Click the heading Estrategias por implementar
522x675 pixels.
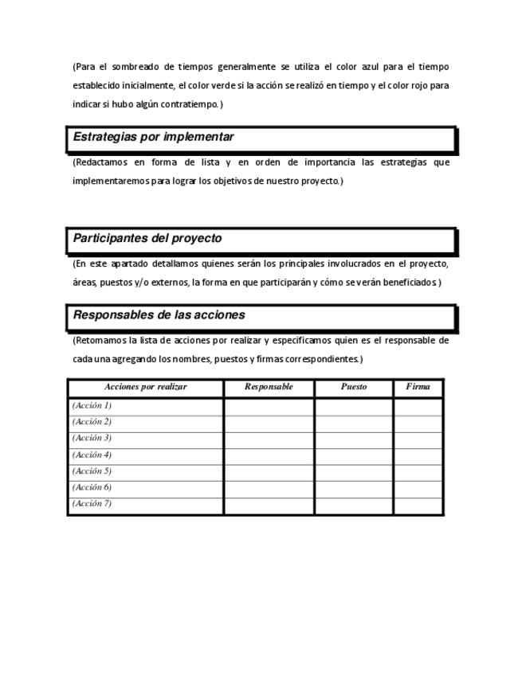[153, 137]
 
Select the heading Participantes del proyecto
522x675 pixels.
[147, 238]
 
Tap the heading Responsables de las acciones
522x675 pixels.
[159, 314]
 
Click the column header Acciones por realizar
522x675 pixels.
[145, 387]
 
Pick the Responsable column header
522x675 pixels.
[269, 387]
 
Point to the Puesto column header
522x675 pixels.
[354, 387]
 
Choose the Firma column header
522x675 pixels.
[418, 387]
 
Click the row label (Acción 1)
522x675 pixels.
[92, 405]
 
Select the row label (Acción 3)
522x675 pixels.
[92, 438]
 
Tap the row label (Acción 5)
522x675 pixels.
[92, 470]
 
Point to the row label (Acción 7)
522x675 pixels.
[92, 503]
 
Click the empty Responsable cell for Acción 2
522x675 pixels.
[269, 422]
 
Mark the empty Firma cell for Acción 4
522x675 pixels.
[418, 455]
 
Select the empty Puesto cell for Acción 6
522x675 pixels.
[354, 487]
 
